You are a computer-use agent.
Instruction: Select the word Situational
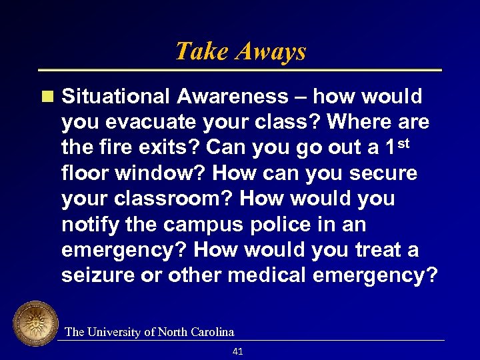click(116, 97)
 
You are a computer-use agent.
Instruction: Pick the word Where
click(359, 122)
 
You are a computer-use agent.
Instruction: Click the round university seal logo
click(35, 324)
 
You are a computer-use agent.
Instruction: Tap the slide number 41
click(238, 351)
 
